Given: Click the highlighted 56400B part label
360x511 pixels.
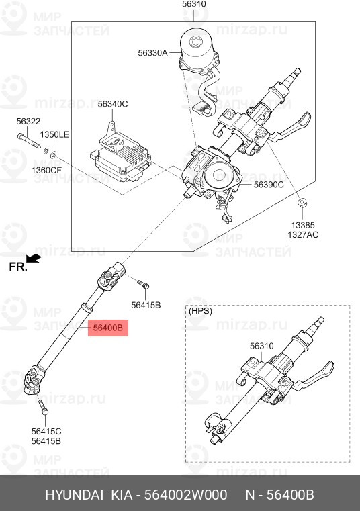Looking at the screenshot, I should (x=108, y=328).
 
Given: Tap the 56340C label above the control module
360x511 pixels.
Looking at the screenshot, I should (x=112, y=104).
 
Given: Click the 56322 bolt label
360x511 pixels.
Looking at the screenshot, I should (x=28, y=121).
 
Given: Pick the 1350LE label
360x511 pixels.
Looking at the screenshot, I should (x=54, y=135).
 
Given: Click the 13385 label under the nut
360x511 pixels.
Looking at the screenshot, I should (x=302, y=225).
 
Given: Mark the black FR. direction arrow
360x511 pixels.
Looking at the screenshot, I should (x=33, y=258).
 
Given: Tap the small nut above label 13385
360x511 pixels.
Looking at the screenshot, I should (x=302, y=202).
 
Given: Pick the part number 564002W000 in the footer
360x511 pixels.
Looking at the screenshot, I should (x=197, y=496).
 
